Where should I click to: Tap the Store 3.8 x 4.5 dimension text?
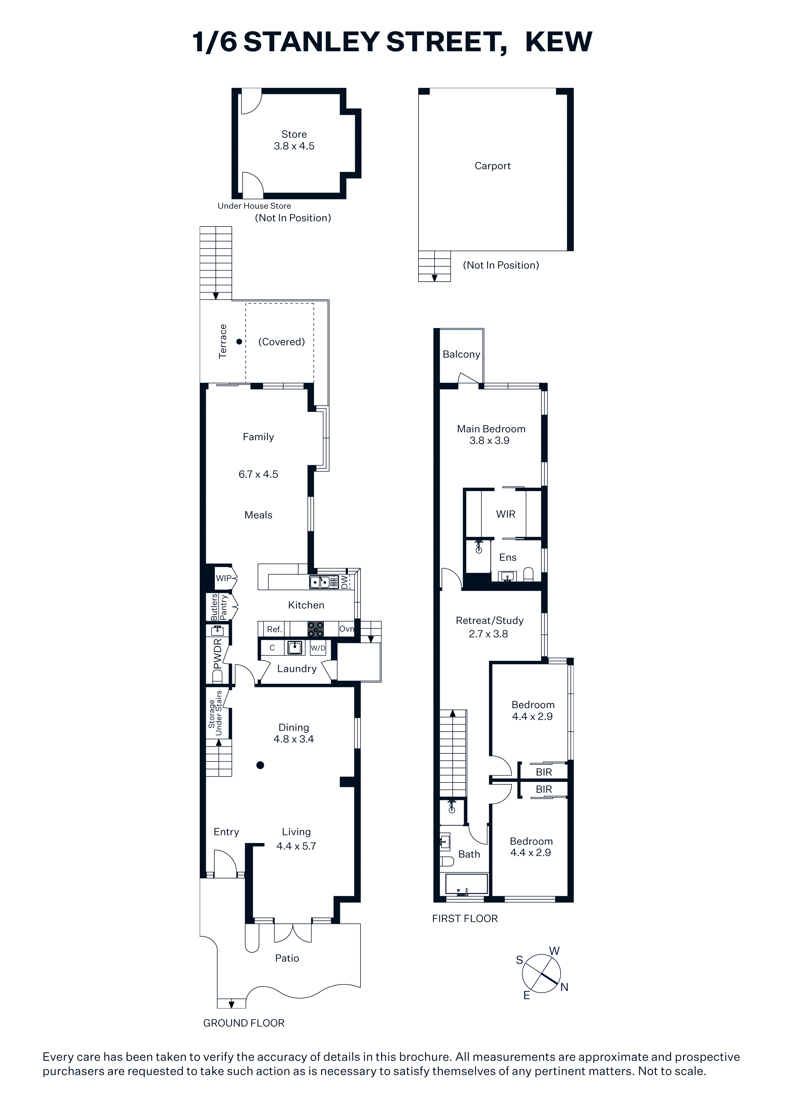tap(294, 146)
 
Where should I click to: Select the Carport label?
tap(493, 166)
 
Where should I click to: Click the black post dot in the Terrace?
tap(239, 342)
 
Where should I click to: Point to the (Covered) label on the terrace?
tap(281, 342)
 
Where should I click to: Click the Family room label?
tap(258, 437)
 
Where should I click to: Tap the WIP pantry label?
tap(223, 578)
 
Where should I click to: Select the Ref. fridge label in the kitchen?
tap(274, 629)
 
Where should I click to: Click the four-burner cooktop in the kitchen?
tap(316, 629)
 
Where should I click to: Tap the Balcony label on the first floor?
tap(462, 354)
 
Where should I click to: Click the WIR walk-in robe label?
tap(506, 514)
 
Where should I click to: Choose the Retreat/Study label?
tap(489, 621)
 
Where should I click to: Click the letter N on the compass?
tap(564, 987)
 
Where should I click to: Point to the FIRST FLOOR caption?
tap(465, 919)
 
